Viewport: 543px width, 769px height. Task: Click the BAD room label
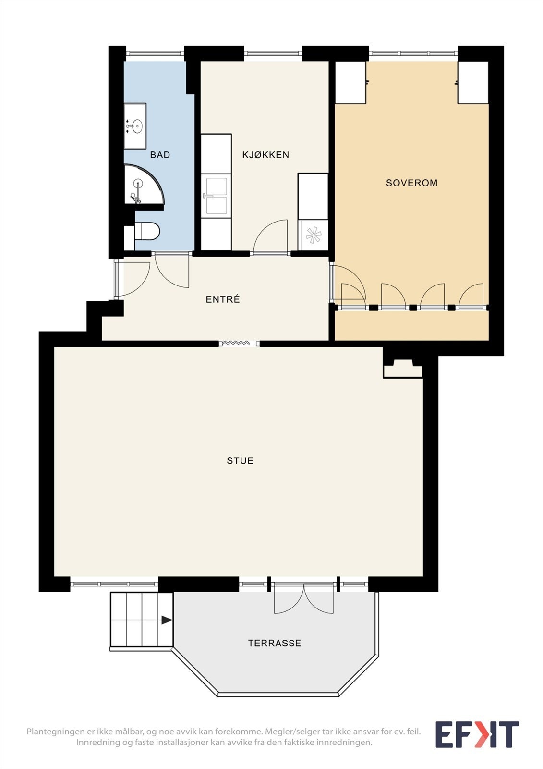(160, 155)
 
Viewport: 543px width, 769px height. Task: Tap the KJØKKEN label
(266, 155)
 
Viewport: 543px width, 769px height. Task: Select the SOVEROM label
(411, 183)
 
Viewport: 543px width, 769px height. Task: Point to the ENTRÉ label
(223, 299)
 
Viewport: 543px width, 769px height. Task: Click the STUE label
(240, 461)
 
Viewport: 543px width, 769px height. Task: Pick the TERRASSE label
(275, 643)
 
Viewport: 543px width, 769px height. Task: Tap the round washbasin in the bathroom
(137, 126)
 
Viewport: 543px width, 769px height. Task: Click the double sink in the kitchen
(216, 196)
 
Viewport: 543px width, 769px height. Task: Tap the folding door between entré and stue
(236, 342)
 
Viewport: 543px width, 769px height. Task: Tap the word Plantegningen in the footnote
(53, 732)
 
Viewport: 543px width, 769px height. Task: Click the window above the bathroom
(155, 53)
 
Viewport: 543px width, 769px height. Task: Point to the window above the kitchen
(273, 53)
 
